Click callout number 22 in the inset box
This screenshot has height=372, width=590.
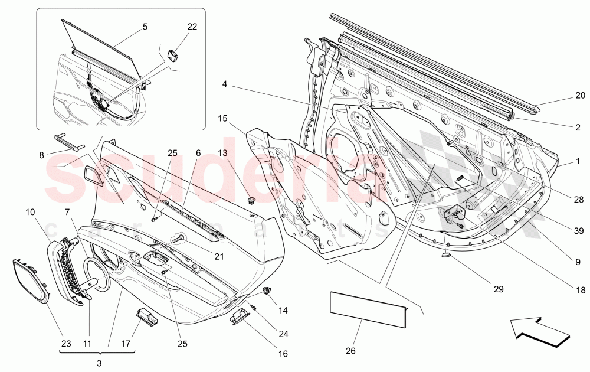(x=192, y=27)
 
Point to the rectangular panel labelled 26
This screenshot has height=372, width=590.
(x=368, y=308)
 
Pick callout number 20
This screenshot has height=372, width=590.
(x=580, y=95)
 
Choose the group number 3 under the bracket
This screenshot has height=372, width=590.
(x=99, y=362)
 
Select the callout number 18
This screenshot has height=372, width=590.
(x=580, y=290)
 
